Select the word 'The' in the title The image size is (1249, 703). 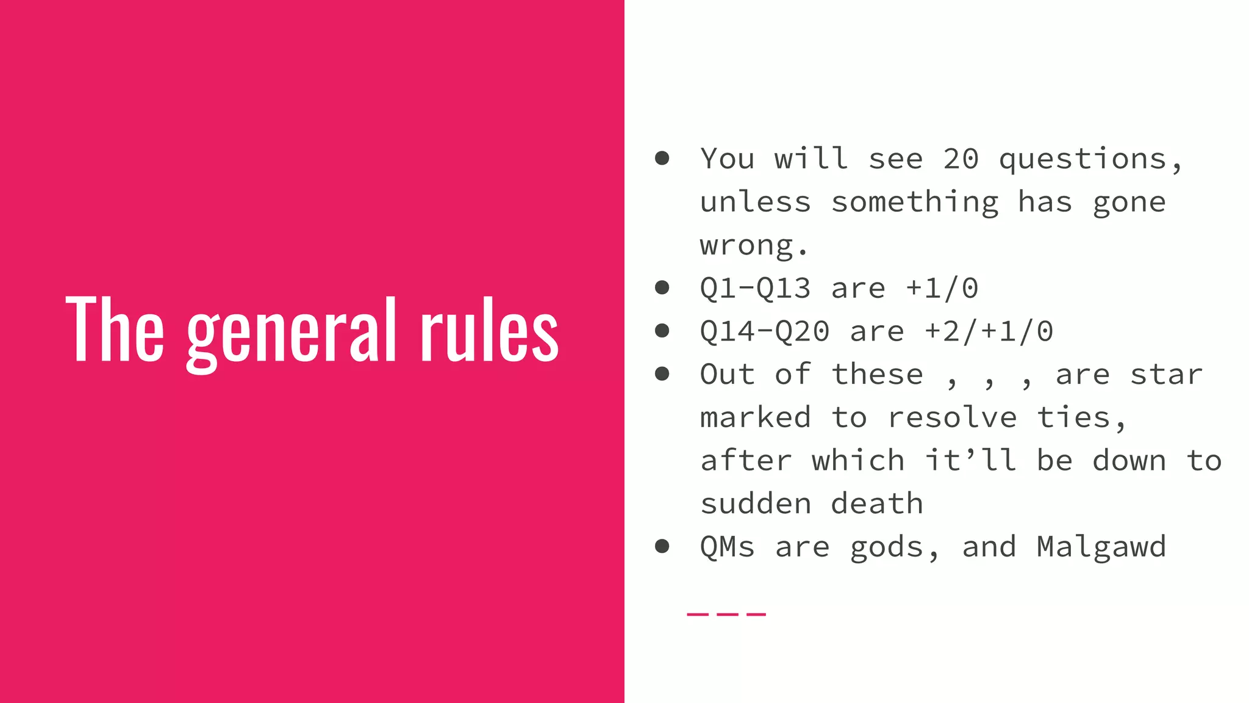click(115, 330)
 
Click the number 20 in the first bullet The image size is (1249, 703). click(961, 159)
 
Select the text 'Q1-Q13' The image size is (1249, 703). click(755, 289)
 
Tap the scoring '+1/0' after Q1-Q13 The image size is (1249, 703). click(942, 289)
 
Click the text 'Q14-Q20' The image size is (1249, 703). click(764, 332)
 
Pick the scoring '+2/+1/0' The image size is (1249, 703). click(989, 332)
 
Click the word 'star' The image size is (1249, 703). click(1166, 375)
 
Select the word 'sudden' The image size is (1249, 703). click(755, 504)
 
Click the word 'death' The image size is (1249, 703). click(877, 504)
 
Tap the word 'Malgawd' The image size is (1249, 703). click(1101, 547)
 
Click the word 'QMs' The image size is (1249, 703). click(727, 547)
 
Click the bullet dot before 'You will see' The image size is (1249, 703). click(662, 159)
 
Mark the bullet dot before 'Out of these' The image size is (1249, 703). click(662, 374)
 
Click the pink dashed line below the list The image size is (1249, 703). click(726, 614)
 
